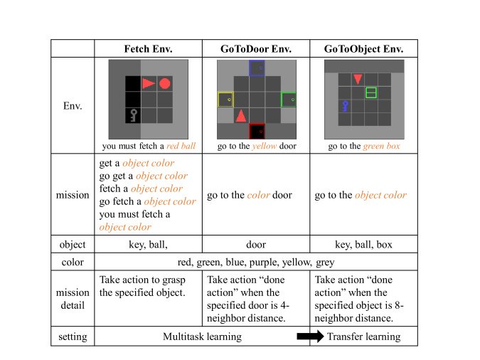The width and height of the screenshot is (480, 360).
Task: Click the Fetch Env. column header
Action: pos(148,49)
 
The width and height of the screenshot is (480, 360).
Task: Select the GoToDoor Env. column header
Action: pos(256,49)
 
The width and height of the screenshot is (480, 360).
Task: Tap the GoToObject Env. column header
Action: pos(363,49)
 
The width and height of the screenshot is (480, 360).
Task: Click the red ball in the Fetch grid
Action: pos(165,84)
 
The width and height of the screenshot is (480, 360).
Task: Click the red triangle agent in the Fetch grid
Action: pos(148,84)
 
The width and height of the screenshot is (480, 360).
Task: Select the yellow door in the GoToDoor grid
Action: pos(225,100)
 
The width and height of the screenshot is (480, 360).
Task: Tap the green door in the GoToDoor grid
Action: pos(289,100)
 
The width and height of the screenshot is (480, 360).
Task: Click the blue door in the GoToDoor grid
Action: pos(257,68)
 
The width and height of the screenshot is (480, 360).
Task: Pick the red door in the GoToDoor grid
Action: pos(257,132)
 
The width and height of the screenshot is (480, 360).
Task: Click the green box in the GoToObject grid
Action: pos(370,92)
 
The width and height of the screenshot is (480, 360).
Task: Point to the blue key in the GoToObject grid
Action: pos(346,106)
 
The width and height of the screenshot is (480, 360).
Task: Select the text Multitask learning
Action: pos(202,337)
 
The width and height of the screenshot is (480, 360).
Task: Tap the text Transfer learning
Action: pos(363,337)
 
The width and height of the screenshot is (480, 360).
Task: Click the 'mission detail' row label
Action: pos(73,299)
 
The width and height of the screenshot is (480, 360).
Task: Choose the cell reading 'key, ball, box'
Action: pos(363,245)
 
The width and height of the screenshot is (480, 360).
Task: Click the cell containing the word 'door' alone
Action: pos(256,245)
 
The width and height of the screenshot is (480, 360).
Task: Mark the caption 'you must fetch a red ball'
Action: pos(148,147)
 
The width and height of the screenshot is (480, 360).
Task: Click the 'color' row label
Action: pos(73,263)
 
